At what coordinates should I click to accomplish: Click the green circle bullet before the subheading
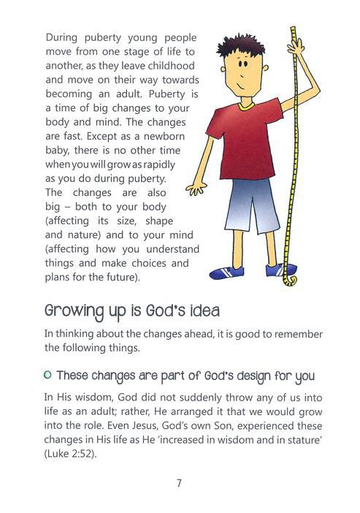pos(48,376)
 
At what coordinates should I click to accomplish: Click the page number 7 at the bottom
pos(179,482)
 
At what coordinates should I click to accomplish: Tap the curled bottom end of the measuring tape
pos(291,280)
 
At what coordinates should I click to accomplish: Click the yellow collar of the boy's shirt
pos(245,105)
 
